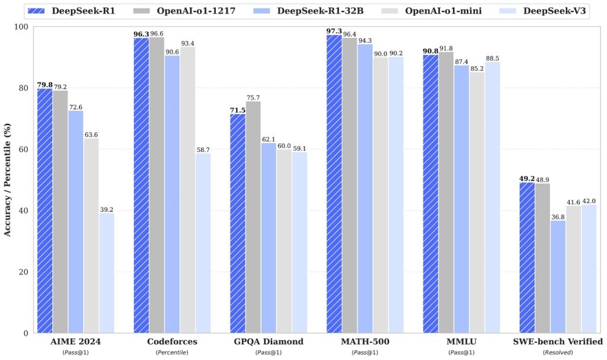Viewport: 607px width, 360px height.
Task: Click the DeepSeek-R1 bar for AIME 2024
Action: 44,211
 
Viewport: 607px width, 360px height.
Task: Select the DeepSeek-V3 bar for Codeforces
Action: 203,243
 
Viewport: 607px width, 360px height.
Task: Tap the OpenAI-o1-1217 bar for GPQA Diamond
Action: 253,217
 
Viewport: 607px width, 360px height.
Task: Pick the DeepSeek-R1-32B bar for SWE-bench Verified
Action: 558,276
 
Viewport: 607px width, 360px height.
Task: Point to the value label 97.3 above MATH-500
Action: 334,30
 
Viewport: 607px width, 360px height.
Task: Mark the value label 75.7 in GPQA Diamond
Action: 254,97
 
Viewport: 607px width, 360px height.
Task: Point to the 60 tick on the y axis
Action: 23,149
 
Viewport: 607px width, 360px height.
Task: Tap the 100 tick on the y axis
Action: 20,27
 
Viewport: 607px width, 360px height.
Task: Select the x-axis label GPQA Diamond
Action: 269,342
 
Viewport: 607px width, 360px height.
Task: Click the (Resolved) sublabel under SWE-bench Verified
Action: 558,352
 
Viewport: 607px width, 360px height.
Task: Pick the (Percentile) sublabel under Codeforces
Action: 172,352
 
